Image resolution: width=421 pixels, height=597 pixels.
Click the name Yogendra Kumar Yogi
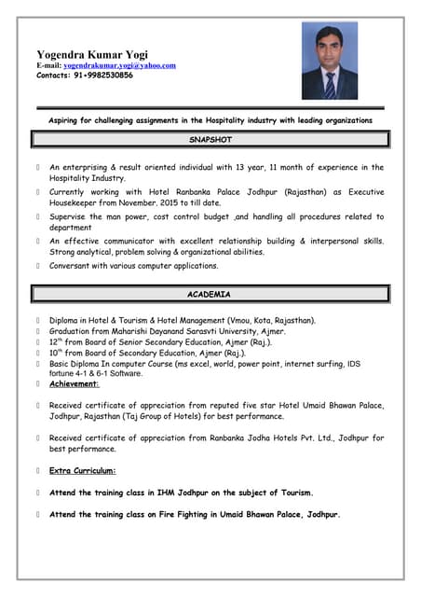pos(91,54)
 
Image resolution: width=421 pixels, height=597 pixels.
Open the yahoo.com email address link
pos(119,65)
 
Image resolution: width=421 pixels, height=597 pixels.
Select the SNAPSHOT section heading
pos(210,140)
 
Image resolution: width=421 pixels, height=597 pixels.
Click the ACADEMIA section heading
pos(210,295)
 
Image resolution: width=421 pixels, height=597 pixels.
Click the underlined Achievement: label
pos(75,383)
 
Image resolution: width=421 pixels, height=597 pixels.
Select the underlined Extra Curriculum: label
pos(83,470)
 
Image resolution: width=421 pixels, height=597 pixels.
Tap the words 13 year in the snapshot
pos(278,168)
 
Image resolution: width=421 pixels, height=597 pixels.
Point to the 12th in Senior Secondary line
pos(57,342)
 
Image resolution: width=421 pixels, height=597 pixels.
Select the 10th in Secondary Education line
pos(57,354)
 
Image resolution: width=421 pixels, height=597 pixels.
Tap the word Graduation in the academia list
pos(72,331)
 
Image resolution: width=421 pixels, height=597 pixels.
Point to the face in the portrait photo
pos(330,55)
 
